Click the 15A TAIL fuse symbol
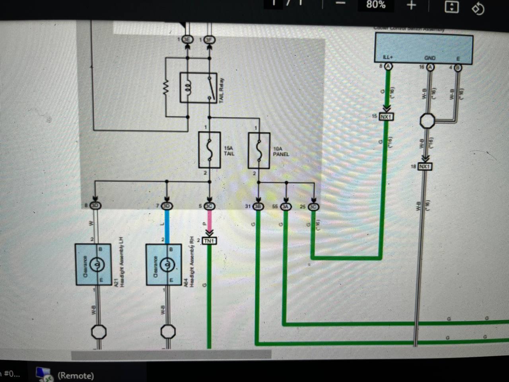pos(209,150)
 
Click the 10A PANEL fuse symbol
pos(259,150)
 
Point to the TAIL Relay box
pos(198,88)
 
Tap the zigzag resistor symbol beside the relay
pos(166,88)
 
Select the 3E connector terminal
pos(187,39)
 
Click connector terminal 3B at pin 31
pos(258,207)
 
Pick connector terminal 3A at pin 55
pos(286,207)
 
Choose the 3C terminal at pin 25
pos(314,207)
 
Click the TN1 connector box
pos(209,241)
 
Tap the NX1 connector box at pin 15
pos(386,117)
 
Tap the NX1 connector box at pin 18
pos(425,166)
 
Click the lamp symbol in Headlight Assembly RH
pos(167,264)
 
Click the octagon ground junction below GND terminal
pos(427,121)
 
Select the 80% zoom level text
pos(376,5)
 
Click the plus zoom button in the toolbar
pos(411,5)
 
